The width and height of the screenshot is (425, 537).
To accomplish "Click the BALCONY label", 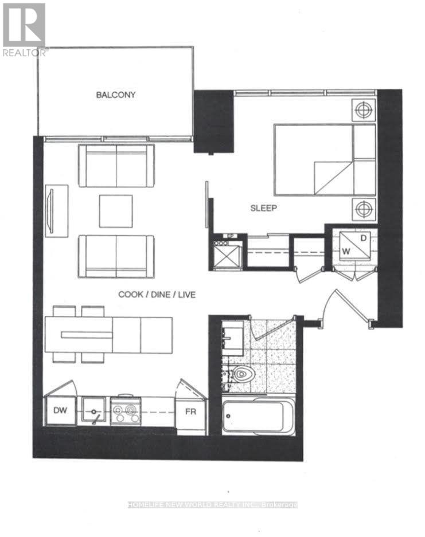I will pos(115,95).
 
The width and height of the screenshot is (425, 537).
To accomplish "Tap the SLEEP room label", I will pos(264,209).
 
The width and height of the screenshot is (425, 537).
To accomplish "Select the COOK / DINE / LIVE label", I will pos(157,295).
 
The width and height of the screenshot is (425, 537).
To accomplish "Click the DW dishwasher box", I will pos(60,410).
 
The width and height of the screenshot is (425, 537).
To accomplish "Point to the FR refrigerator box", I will pos(190,411).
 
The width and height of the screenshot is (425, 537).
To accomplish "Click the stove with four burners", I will pos(125,410).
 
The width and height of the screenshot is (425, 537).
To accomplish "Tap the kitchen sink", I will pos(93,410).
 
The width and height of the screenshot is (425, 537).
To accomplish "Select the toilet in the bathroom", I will pos(243,375).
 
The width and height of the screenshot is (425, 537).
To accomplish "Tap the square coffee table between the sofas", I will pos(115,211).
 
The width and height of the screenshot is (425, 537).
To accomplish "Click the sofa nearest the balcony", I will pos(116,166).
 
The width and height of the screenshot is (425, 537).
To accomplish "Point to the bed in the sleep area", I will pos(324,159).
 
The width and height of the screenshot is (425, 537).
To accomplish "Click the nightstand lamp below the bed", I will pos(363,209).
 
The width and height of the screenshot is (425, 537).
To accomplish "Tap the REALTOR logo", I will pos(24,29).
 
